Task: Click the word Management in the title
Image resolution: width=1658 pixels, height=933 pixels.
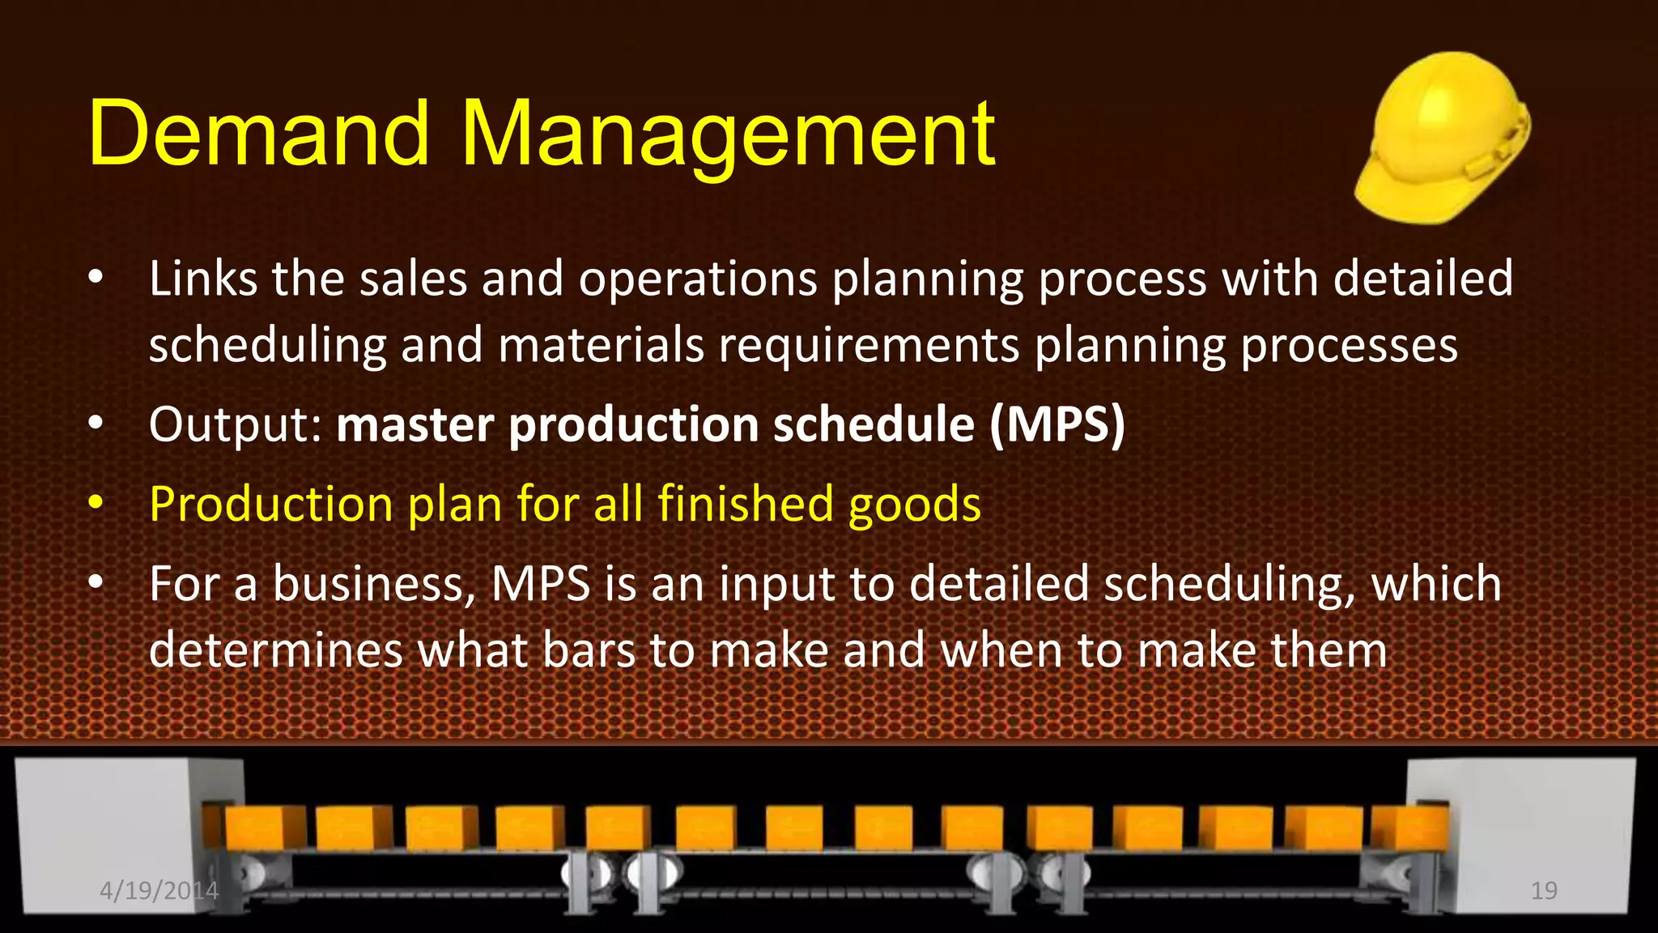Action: [x=729, y=134]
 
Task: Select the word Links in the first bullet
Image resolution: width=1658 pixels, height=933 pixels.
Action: [x=202, y=279]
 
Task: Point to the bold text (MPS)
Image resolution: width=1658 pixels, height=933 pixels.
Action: [x=1056, y=424]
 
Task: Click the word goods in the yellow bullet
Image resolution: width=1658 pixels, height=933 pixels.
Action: [x=914, y=505]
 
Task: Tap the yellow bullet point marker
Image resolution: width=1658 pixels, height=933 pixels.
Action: [x=96, y=504]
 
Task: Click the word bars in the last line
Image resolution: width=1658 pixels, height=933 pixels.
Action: [x=589, y=650]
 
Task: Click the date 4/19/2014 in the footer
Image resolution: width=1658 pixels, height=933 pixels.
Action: [x=159, y=891]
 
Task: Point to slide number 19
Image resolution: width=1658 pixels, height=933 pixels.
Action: [x=1544, y=891]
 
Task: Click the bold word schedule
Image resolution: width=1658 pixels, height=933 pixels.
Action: [x=874, y=424]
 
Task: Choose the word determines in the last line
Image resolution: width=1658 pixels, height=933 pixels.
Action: [x=275, y=650]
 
